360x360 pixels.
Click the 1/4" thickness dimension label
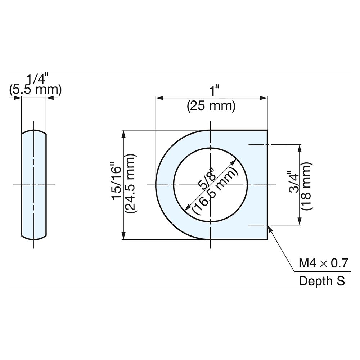(35, 79)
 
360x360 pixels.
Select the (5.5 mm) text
(35, 90)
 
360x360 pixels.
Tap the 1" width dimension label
(215, 91)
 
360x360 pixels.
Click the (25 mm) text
(211, 106)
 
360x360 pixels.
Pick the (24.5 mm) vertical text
(130, 185)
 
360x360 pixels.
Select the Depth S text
(322, 280)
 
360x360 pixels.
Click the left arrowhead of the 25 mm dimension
(159, 98)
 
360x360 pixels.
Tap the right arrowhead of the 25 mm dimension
(265, 98)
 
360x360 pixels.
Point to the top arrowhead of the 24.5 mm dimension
(124, 134)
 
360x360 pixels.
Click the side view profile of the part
(34, 185)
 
